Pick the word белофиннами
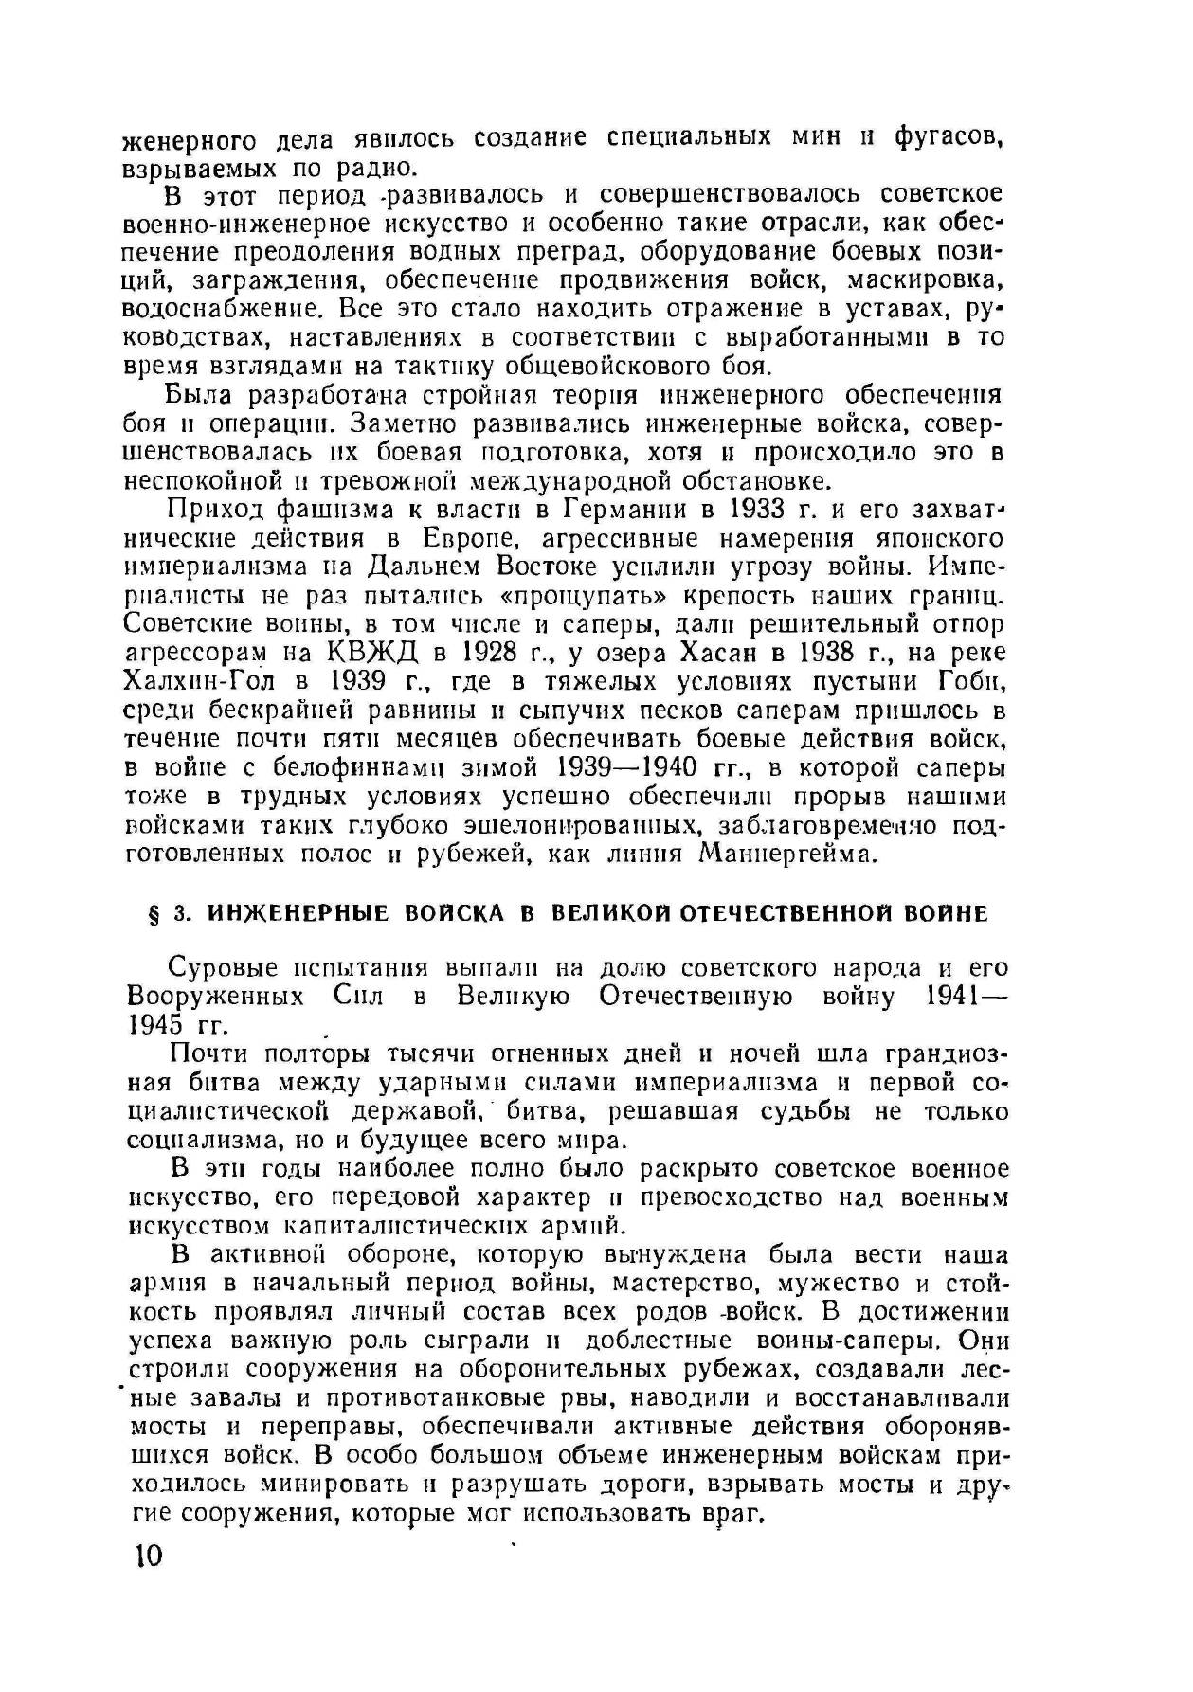pos(341,767)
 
